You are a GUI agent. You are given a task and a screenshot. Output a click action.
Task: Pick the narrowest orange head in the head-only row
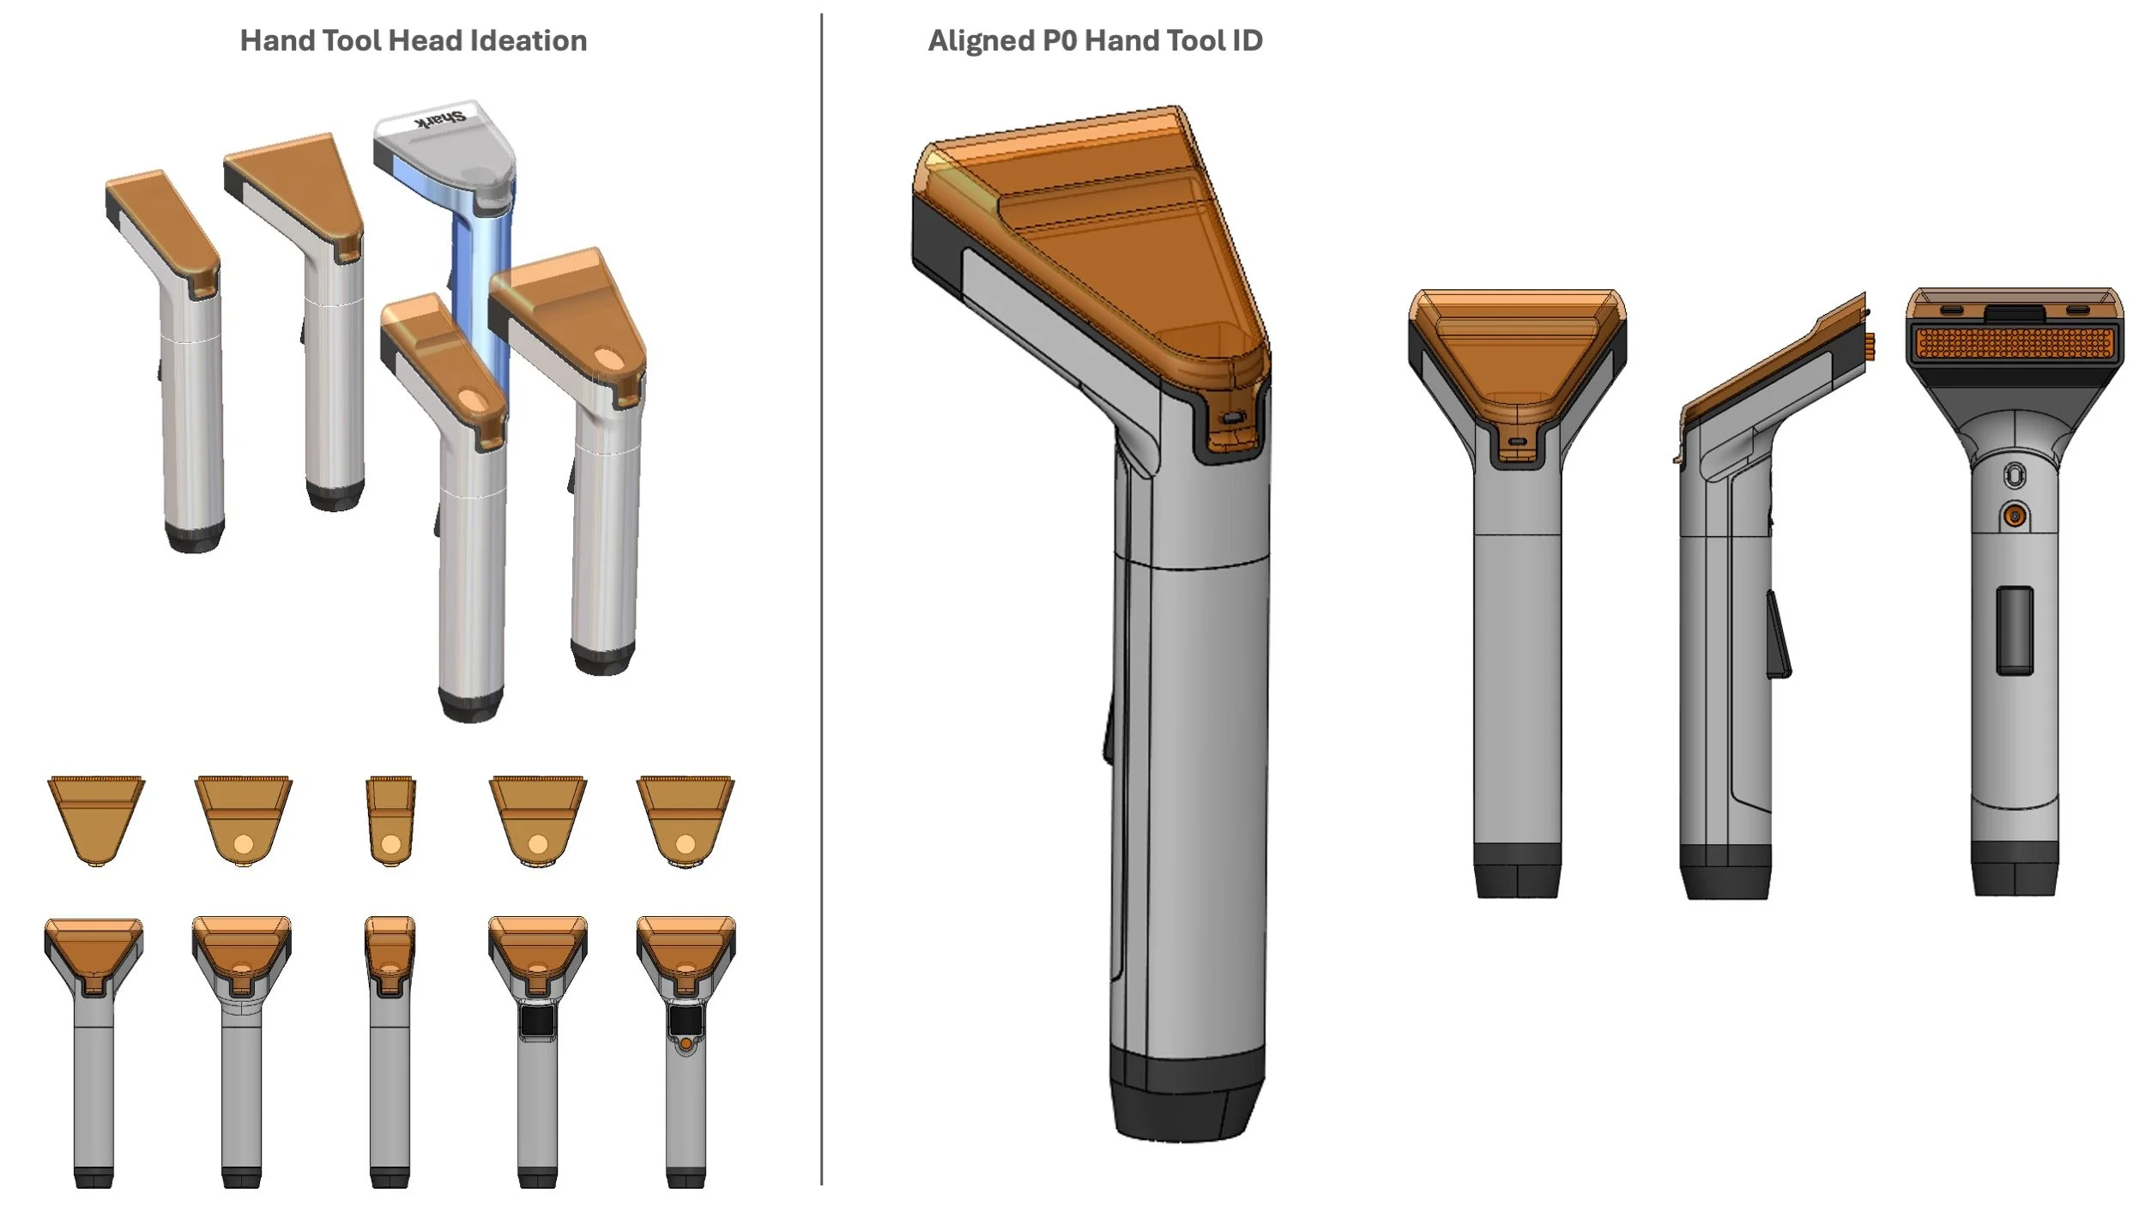point(390,819)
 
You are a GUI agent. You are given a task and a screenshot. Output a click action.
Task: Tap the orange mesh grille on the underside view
point(2013,343)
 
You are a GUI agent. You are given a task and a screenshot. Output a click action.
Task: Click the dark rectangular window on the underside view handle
point(2014,630)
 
